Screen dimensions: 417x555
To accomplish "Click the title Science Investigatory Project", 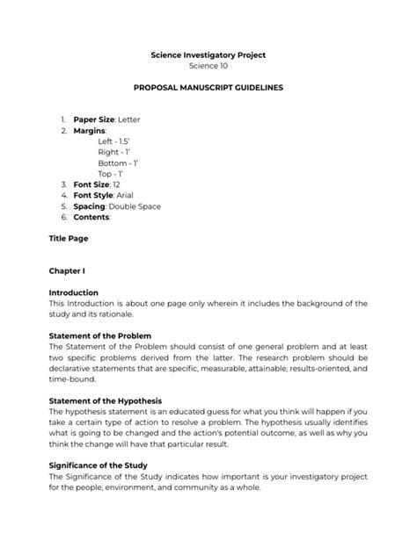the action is pyautogui.click(x=208, y=55).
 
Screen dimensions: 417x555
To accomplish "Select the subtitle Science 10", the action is pyautogui.click(x=208, y=68).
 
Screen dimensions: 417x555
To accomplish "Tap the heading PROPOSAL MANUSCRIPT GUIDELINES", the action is pyautogui.click(x=208, y=90).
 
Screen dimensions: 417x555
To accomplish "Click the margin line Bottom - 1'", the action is pyautogui.click(x=119, y=163).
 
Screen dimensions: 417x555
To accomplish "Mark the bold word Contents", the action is pyautogui.click(x=91, y=218).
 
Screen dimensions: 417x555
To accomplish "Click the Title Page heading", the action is pyautogui.click(x=68, y=238).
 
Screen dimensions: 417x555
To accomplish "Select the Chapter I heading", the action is pyautogui.click(x=67, y=271).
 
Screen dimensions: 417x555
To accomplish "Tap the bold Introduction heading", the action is pyautogui.click(x=74, y=292).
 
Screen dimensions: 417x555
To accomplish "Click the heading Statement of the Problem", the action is pyautogui.click(x=100, y=335).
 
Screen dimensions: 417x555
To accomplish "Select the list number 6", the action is pyautogui.click(x=63, y=218).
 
